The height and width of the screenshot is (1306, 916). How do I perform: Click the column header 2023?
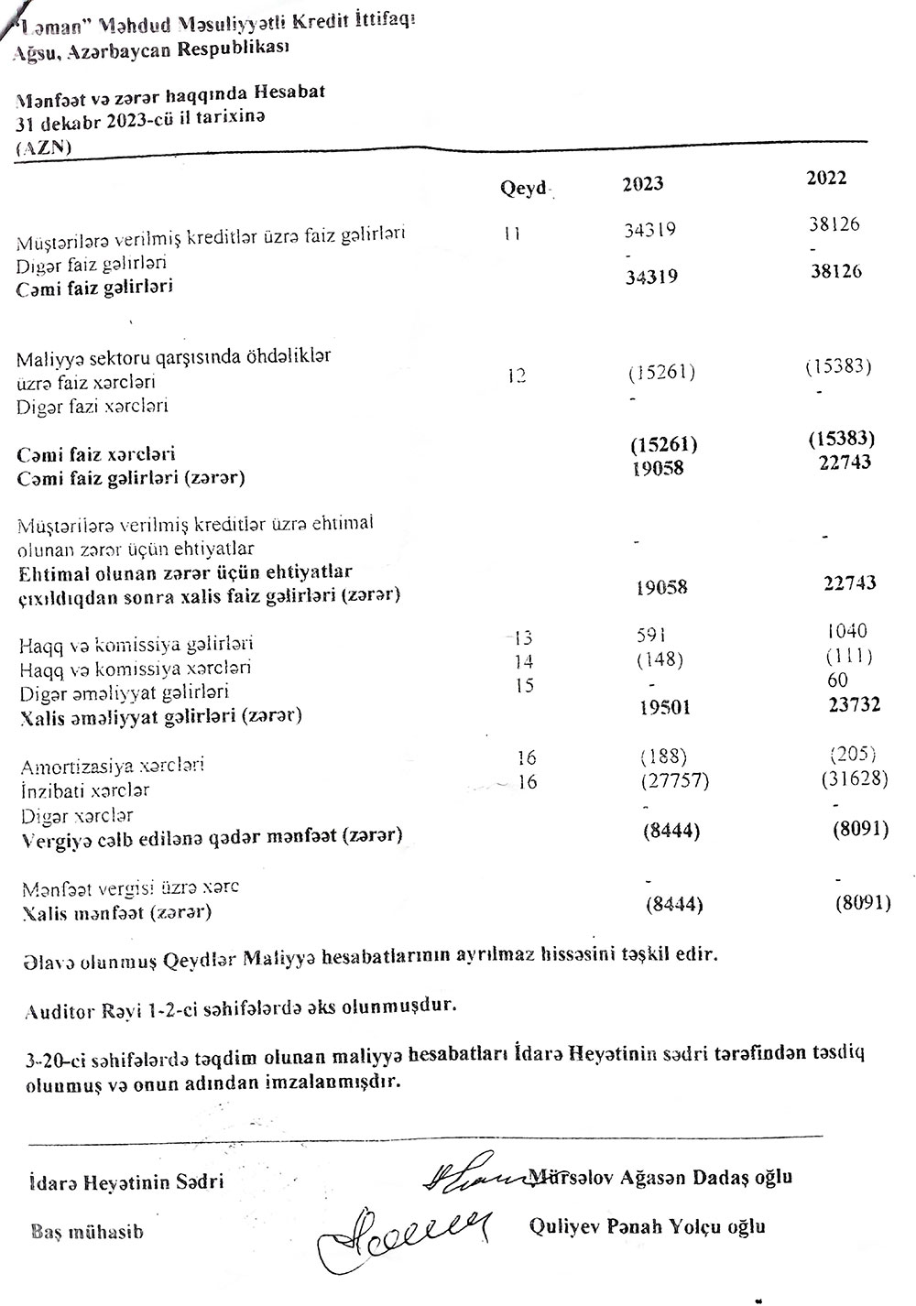(643, 183)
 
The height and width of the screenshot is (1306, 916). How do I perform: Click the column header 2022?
(826, 179)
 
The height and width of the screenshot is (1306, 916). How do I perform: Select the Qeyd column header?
(523, 189)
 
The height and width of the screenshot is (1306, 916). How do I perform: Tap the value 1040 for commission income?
(845, 631)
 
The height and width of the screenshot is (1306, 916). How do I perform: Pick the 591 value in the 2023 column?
(650, 635)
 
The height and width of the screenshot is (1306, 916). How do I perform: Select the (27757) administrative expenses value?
(671, 780)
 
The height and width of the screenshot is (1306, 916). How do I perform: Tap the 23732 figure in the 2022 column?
(848, 704)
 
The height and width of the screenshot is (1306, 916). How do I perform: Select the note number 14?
(524, 661)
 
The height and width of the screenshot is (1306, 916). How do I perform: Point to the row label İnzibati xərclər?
(85, 789)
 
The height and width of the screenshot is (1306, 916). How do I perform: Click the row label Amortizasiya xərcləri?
(112, 765)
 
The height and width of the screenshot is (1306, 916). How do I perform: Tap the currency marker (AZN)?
(45, 147)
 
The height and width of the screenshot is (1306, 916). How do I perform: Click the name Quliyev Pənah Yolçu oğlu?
(648, 1226)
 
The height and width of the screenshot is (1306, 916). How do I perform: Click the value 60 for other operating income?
(836, 680)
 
